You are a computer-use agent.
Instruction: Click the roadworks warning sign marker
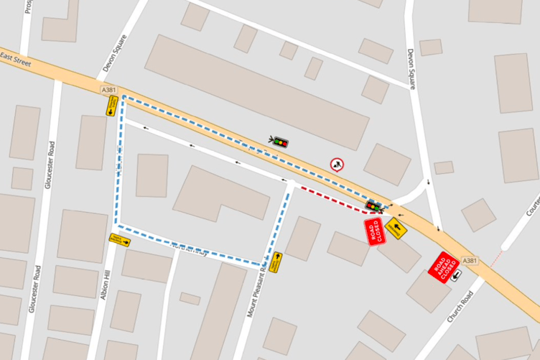coord(337,165)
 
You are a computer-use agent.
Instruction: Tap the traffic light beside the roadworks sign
coord(279,142)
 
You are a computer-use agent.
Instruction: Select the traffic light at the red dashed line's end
coord(373,206)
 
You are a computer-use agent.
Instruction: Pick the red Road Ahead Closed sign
coord(444,267)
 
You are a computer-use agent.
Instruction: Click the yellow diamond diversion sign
coord(396,228)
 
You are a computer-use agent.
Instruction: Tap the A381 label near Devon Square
coord(109,89)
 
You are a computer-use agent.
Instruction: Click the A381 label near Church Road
coord(470,260)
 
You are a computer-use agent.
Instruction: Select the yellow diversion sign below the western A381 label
coord(111,106)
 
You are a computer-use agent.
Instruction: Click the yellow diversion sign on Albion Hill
coord(120,239)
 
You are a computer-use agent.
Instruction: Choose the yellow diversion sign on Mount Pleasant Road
coord(276,262)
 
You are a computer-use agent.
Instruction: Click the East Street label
coord(16,61)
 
